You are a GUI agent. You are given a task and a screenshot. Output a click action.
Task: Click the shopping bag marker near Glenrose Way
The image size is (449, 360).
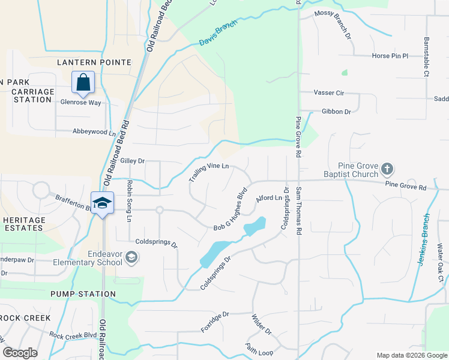(83, 82)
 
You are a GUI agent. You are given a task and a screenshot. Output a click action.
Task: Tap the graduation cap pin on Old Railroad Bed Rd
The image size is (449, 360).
(103, 202)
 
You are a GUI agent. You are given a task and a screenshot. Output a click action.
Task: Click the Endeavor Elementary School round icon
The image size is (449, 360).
(131, 258)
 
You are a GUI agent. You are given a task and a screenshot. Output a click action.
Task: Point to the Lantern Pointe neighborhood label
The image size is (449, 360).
(94, 62)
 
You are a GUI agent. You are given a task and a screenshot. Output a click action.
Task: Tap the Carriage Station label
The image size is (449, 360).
(33, 95)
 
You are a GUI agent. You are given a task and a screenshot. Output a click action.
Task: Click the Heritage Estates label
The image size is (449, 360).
(24, 224)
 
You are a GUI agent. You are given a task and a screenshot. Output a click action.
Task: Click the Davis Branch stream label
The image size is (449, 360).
(218, 33)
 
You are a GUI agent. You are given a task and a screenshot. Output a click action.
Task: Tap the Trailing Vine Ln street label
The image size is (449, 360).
(209, 172)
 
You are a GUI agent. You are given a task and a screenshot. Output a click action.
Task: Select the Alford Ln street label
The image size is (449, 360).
(269, 198)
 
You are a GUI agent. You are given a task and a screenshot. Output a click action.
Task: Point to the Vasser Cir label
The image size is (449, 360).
(329, 93)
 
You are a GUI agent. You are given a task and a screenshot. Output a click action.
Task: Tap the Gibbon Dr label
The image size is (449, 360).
(336, 112)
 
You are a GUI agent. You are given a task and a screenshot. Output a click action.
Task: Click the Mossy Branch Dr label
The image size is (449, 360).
(333, 24)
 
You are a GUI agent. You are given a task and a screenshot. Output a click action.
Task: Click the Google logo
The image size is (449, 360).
(20, 353)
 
